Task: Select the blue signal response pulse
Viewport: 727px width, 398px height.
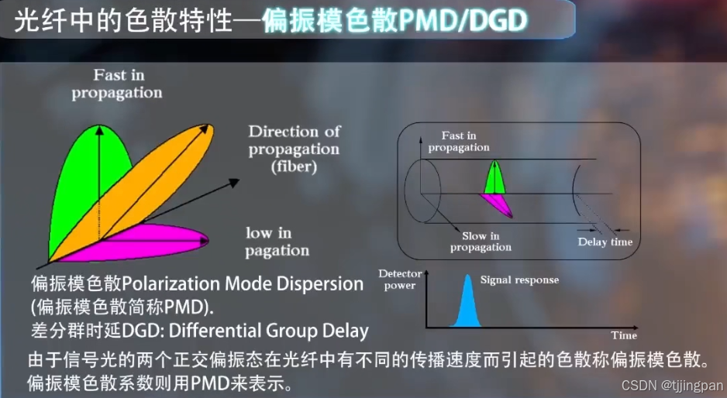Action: [x=467, y=304]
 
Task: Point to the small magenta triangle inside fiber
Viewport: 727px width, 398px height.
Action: [x=497, y=204]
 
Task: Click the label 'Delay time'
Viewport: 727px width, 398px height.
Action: [x=605, y=242]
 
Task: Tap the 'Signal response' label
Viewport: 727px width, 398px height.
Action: [x=519, y=280]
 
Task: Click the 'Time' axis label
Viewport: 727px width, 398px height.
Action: [x=624, y=335]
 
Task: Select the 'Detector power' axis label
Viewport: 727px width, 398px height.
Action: [x=397, y=280]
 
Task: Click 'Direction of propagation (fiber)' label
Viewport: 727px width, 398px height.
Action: [x=294, y=148]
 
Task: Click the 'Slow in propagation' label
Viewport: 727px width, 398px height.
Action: [x=481, y=242]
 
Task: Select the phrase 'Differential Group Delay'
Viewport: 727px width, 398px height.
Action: [x=268, y=331]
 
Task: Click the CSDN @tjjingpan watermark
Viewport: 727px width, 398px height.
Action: [x=672, y=385]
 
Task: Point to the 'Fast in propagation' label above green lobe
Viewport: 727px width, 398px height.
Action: [x=117, y=84]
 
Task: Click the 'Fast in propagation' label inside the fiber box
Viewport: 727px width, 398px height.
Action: [x=459, y=142]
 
